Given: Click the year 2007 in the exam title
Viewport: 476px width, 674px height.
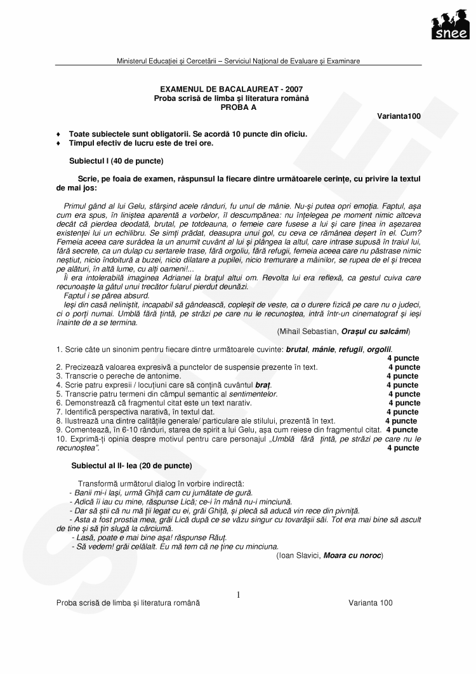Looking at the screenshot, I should [294, 90].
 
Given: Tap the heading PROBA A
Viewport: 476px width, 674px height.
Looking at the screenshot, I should [238, 107].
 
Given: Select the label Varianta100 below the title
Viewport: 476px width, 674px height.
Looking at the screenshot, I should [399, 116].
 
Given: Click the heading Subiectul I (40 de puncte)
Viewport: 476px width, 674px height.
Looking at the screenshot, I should [116, 161].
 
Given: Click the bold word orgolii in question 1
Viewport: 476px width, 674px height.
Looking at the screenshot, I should [379, 349].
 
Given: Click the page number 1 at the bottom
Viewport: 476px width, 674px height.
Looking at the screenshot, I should [239, 595].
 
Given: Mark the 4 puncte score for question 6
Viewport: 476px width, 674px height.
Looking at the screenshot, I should [404, 403].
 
